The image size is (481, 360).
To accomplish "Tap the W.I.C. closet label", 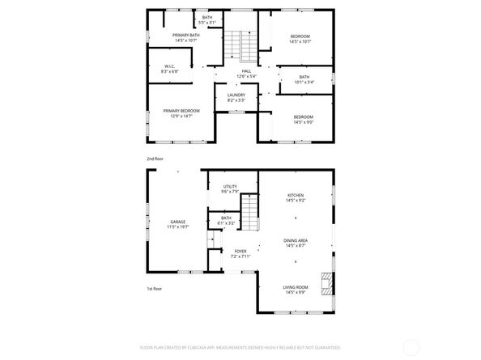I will (x=170, y=67).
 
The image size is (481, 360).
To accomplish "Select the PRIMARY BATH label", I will (x=186, y=35).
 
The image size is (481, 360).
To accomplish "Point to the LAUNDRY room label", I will (x=236, y=95).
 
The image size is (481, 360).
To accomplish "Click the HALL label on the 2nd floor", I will (x=246, y=70).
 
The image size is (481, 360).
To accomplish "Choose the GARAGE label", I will (x=177, y=221).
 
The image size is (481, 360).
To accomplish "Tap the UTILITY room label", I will (x=230, y=187).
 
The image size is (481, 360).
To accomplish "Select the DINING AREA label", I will (x=295, y=240).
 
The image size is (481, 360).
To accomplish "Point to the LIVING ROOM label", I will (x=295, y=287).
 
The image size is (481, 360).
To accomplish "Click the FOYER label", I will (x=240, y=252).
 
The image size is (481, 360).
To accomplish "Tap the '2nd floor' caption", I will (x=155, y=159).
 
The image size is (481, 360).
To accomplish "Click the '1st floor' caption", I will (x=154, y=287).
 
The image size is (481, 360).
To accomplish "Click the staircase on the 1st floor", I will (x=252, y=217).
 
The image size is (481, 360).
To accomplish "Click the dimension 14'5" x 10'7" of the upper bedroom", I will (x=300, y=41).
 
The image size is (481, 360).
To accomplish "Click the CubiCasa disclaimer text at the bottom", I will (x=240, y=347).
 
